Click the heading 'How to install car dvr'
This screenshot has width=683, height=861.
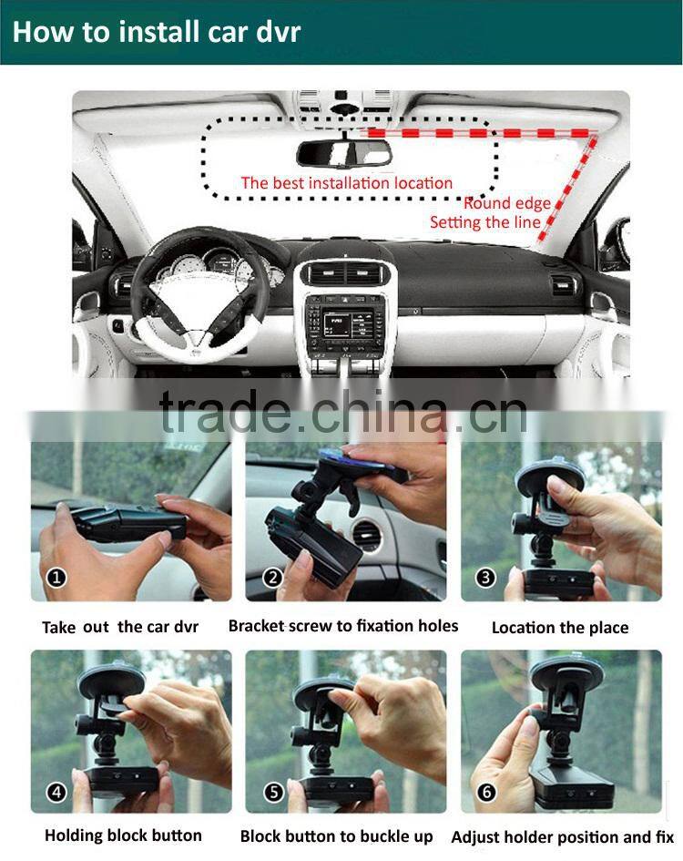pos(156,32)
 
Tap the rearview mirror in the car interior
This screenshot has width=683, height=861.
pos(344,154)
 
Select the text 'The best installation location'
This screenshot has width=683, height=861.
pos(346,183)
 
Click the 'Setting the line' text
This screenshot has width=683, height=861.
pos(484,222)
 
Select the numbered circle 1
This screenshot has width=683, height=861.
pos(56,577)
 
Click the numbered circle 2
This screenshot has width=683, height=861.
pos(270,577)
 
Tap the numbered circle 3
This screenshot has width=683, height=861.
pos(486,577)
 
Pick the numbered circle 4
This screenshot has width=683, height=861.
pos(56,792)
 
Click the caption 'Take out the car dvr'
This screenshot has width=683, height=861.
pos(120,627)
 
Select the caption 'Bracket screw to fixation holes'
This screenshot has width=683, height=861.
pos(343,626)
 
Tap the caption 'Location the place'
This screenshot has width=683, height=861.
pos(560,628)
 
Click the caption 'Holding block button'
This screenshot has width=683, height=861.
pos(123,835)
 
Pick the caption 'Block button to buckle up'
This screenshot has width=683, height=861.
pos(337,836)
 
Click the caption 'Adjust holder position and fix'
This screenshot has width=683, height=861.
pos(563,837)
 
